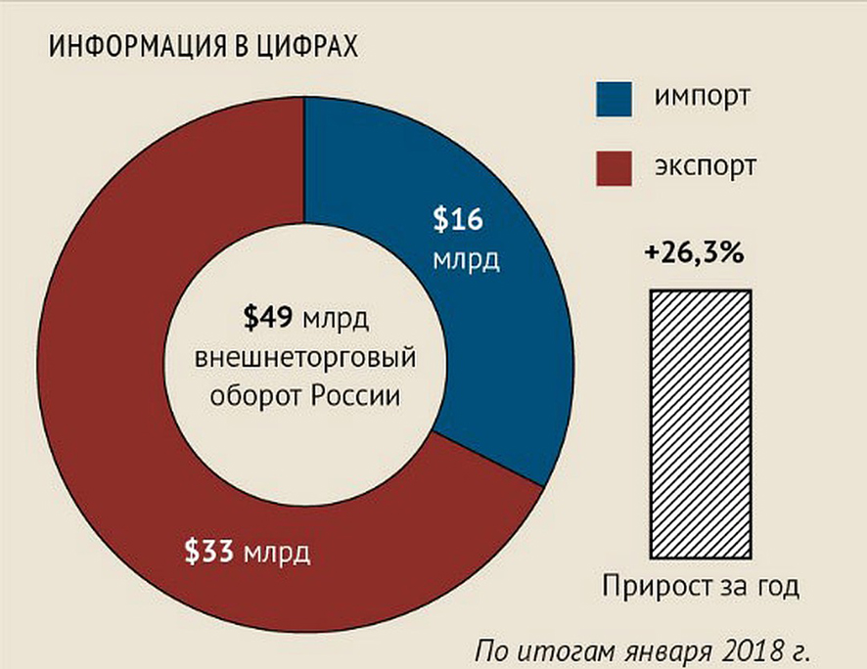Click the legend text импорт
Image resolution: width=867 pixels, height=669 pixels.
click(704, 99)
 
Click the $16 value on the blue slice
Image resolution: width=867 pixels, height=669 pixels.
click(460, 220)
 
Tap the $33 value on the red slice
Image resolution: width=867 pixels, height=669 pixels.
click(211, 552)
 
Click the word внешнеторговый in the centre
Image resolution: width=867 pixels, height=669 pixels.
click(305, 358)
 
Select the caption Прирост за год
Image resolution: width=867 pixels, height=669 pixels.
click(700, 587)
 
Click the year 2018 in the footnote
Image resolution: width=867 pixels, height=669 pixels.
click(748, 649)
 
